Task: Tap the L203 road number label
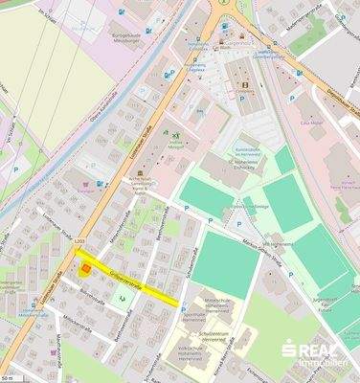80,251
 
